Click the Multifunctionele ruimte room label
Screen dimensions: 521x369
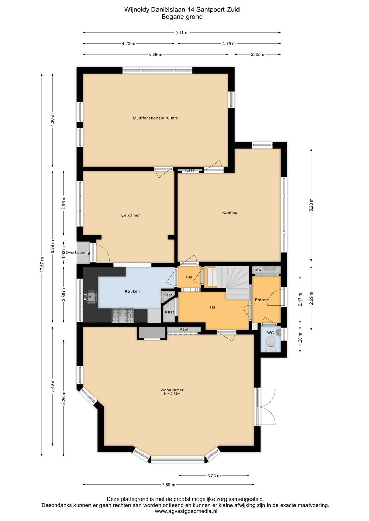(x=155, y=118)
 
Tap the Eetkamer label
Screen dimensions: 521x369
(x=131, y=215)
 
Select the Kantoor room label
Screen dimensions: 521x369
(x=230, y=212)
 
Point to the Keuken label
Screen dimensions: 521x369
(x=132, y=291)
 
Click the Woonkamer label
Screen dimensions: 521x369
(x=172, y=390)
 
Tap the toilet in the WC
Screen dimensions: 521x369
(x=271, y=342)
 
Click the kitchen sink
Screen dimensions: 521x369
(x=91, y=296)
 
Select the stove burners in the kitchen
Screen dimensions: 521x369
(x=123, y=315)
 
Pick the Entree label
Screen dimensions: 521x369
(x=261, y=300)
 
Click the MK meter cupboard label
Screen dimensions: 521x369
(x=258, y=270)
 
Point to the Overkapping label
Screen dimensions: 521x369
(x=78, y=253)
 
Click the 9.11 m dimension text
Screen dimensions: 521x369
(x=182, y=33)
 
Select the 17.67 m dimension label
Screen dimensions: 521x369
(x=42, y=264)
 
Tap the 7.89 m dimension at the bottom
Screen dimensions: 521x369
(x=168, y=485)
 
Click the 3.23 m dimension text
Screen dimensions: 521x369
(x=214, y=476)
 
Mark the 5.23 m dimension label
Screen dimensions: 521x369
(x=311, y=205)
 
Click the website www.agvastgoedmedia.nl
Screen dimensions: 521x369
(x=186, y=511)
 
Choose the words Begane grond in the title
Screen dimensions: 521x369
(x=182, y=17)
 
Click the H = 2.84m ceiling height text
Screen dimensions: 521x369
(x=172, y=394)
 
